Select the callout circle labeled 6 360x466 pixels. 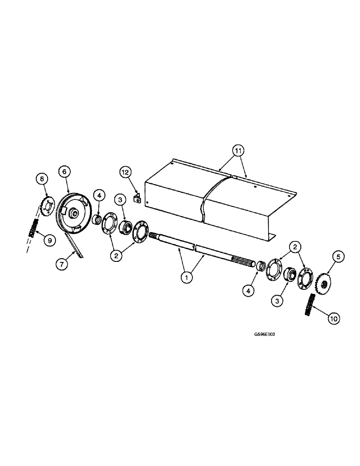(x=64, y=172)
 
